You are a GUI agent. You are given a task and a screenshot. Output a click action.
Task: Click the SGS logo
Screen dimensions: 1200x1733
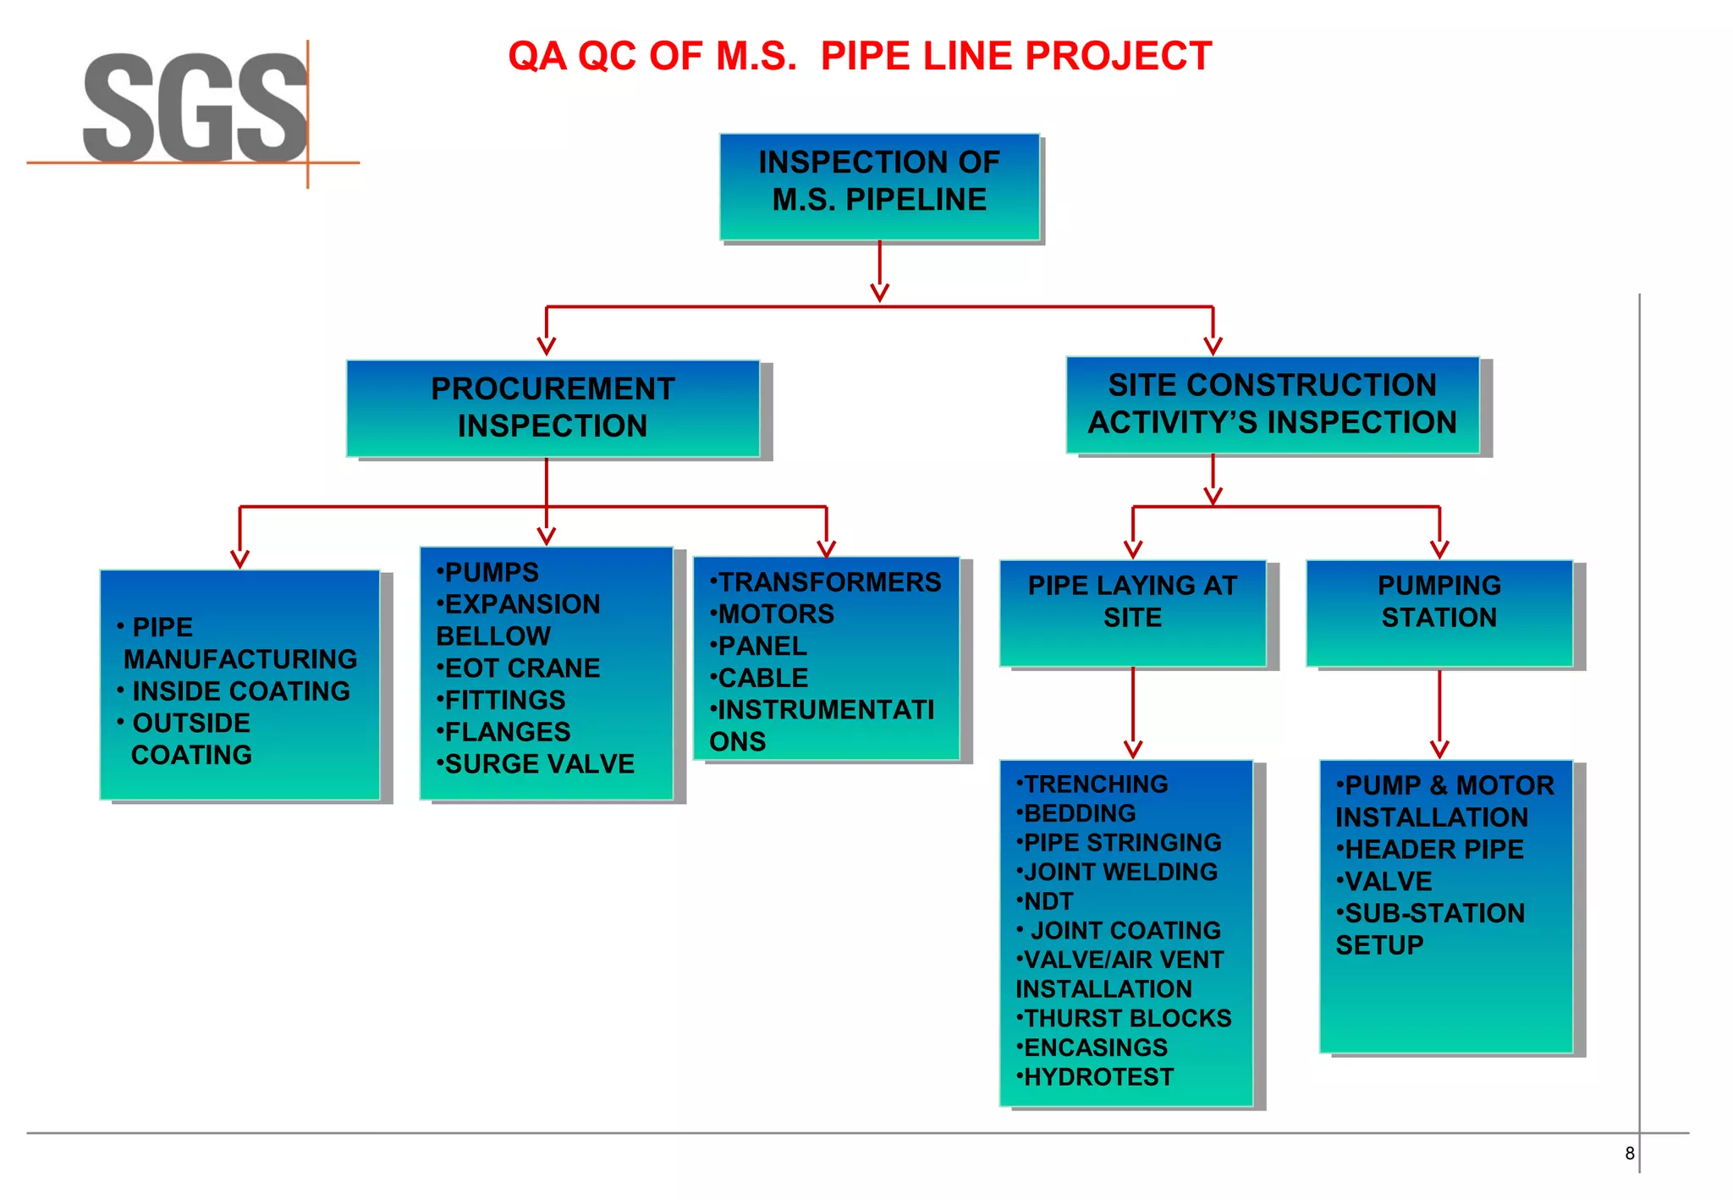click(x=195, y=108)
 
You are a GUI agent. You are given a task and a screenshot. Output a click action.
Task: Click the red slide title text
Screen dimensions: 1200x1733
click(x=859, y=57)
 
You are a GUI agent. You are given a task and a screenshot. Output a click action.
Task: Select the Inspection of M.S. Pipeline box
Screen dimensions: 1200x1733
click(x=879, y=186)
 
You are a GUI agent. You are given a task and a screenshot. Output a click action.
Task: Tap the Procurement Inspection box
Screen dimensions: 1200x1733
click(x=553, y=408)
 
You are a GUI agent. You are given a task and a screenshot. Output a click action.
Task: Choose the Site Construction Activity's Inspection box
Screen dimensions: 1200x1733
click(x=1272, y=405)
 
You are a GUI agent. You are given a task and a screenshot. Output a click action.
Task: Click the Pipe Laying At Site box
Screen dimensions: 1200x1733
click(x=1132, y=612)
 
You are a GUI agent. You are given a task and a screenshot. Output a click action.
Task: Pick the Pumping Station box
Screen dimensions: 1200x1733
click(x=1439, y=612)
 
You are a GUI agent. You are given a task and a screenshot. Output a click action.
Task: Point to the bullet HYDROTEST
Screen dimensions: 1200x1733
click(x=1098, y=1077)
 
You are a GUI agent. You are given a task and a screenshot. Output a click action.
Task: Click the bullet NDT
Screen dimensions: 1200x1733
click(x=1048, y=901)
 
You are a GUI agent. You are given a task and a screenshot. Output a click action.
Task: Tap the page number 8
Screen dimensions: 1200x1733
click(x=1629, y=1153)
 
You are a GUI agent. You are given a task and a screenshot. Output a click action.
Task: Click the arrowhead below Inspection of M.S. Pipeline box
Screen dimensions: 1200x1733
click(x=879, y=292)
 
